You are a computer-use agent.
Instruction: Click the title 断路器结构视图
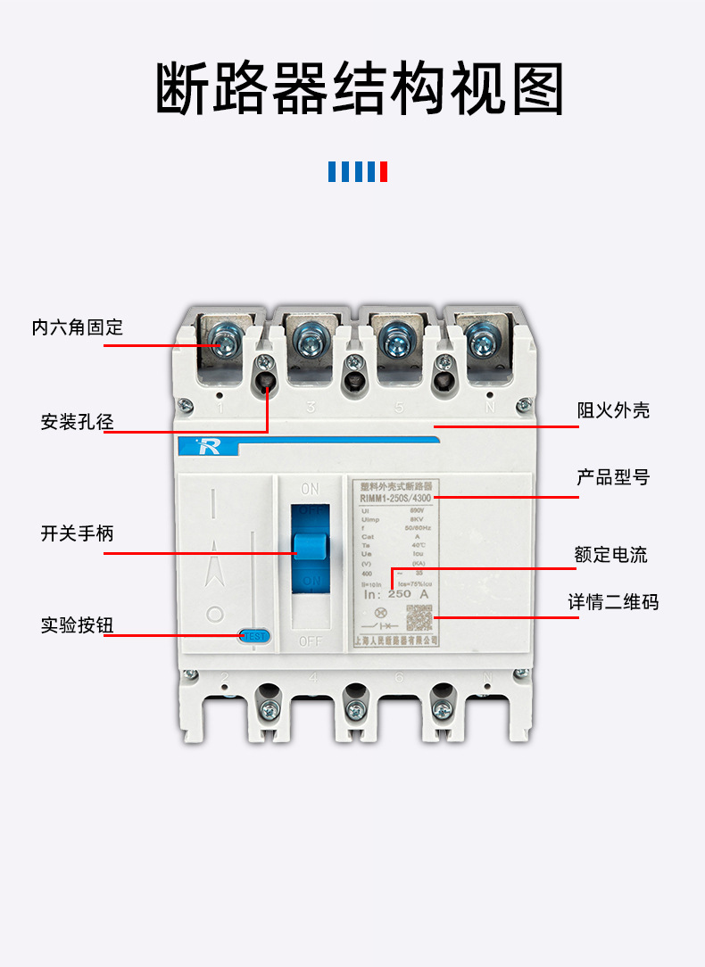(360, 89)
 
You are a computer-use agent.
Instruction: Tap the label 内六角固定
(78, 327)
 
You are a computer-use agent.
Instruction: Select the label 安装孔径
(78, 422)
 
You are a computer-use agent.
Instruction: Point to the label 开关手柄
(78, 533)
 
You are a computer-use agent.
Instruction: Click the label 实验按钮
(78, 624)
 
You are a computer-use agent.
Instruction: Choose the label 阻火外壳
(613, 410)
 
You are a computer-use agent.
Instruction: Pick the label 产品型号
(613, 478)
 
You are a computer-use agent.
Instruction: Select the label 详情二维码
(613, 602)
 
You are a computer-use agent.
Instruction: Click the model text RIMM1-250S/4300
(396, 499)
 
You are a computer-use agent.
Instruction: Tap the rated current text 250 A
(410, 593)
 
